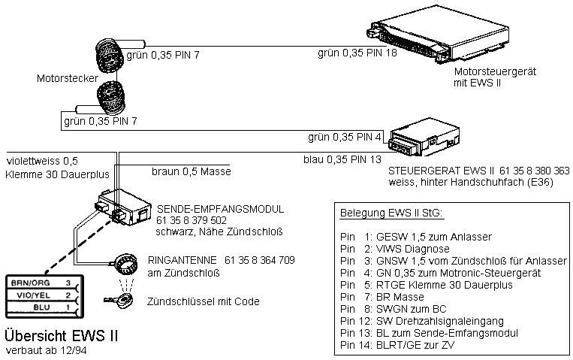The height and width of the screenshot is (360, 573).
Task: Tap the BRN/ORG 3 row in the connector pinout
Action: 41,283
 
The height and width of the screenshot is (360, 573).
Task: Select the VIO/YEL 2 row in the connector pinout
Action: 41,295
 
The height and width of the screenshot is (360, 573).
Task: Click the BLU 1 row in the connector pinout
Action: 41,307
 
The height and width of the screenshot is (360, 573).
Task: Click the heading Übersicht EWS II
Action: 61,334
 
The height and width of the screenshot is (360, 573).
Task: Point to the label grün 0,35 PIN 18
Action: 357,53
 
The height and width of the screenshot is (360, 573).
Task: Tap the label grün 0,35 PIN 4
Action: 345,137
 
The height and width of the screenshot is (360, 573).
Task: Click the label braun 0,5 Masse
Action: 191,171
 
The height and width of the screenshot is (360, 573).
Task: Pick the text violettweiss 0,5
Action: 42,160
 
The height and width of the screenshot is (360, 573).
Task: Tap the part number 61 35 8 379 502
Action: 192,220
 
